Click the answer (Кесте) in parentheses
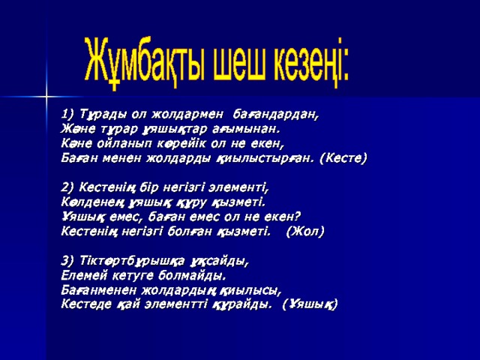pos(343,158)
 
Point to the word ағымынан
pos(247,130)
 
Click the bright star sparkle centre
pos(46,96)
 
